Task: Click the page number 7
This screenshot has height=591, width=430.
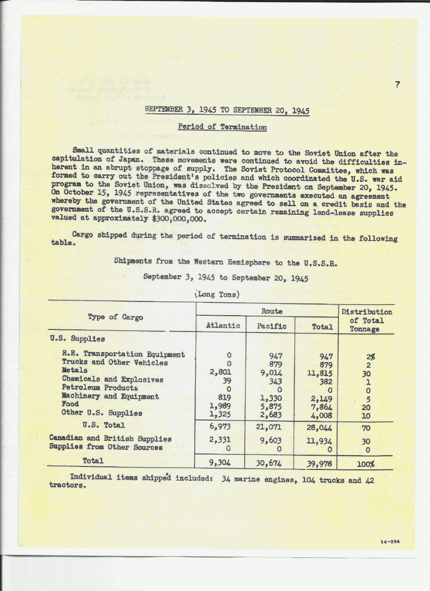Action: (x=397, y=84)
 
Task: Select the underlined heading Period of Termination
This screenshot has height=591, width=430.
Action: (x=222, y=127)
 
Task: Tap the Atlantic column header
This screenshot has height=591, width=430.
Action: (x=222, y=326)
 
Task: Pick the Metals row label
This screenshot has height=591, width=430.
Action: (x=75, y=370)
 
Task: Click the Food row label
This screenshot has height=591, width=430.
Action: (x=71, y=404)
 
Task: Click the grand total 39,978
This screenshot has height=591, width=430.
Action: (x=319, y=463)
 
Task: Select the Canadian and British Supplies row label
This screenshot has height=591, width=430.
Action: (x=110, y=438)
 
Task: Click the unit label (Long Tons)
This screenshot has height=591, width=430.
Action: (x=217, y=295)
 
